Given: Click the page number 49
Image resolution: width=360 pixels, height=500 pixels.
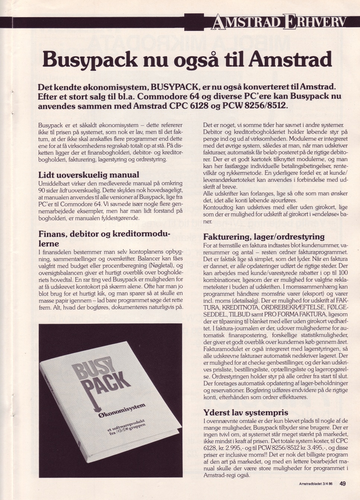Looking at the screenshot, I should point(343,484).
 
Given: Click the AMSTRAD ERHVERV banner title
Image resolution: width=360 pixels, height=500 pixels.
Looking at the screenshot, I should point(280,22).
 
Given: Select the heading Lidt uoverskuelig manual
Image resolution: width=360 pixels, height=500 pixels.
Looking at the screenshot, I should point(89,175).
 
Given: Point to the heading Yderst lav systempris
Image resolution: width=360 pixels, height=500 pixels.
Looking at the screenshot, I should point(245,412).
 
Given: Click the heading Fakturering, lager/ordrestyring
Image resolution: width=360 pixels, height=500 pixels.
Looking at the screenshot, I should point(264,237).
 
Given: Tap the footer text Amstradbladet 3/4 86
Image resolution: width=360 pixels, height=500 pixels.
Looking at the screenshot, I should point(315,484).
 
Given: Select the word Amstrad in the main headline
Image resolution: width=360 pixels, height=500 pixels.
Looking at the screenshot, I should point(290,60).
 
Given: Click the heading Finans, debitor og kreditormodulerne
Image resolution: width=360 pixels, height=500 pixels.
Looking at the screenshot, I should point(104,238).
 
